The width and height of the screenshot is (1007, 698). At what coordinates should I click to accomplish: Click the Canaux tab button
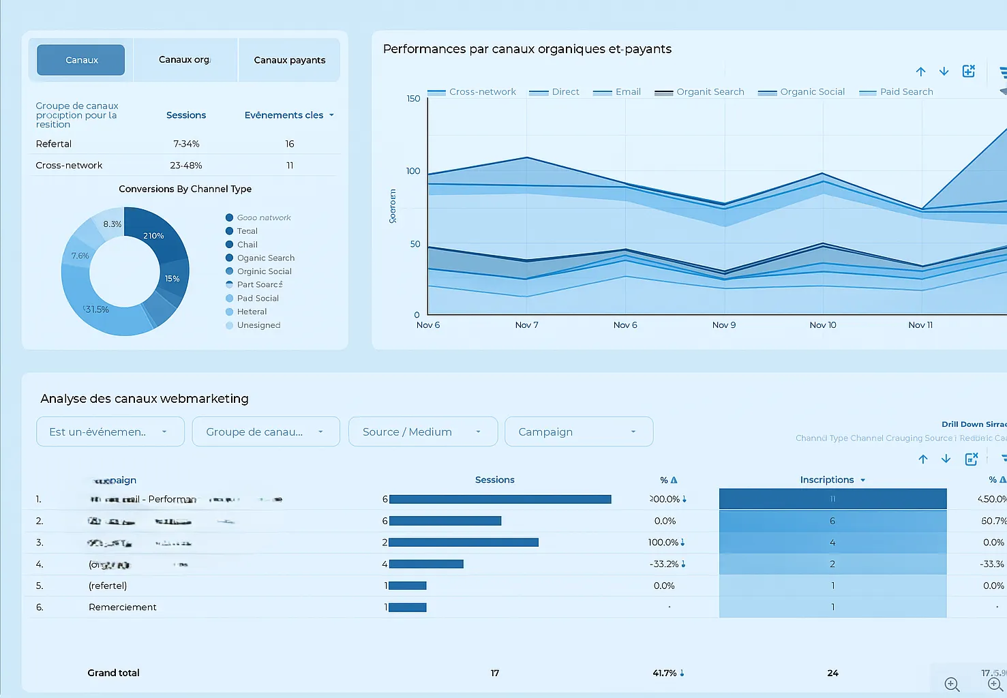click(x=80, y=60)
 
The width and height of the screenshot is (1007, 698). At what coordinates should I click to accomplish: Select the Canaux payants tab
click(x=289, y=60)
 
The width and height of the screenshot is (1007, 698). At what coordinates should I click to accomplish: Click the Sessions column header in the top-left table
click(x=185, y=115)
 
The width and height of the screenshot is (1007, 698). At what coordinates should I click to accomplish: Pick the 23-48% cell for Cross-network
click(x=185, y=166)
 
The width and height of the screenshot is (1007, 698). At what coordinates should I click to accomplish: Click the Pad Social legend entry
click(x=257, y=299)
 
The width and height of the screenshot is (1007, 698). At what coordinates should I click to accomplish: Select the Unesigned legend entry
click(x=258, y=326)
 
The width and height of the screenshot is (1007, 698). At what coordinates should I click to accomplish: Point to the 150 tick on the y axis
click(x=413, y=99)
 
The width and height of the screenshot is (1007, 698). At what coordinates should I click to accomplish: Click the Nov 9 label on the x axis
click(x=723, y=325)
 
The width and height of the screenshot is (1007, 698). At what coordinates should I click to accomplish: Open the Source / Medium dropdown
click(x=422, y=432)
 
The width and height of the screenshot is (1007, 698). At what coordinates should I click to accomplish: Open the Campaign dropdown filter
click(x=578, y=432)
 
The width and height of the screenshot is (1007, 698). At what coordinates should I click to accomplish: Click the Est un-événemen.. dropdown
click(x=110, y=432)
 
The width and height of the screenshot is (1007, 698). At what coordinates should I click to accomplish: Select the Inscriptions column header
click(x=826, y=480)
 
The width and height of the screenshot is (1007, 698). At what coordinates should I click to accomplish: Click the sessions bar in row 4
click(x=426, y=564)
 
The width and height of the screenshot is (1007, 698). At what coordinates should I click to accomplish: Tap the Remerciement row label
click(x=123, y=607)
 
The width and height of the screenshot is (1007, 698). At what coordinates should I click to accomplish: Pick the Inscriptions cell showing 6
click(x=832, y=521)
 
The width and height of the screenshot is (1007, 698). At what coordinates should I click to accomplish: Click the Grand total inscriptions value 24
click(x=832, y=673)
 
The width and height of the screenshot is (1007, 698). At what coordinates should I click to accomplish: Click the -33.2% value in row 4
click(x=663, y=564)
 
